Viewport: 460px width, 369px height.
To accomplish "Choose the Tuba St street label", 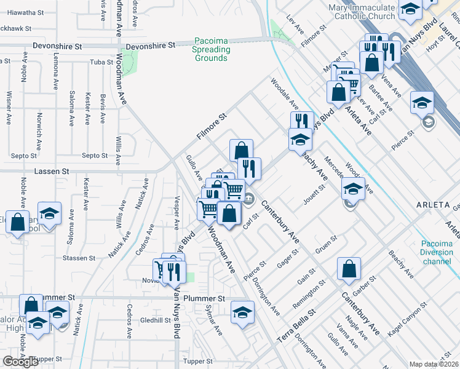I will point(98,62).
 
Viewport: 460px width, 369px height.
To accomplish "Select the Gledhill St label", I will point(155,320).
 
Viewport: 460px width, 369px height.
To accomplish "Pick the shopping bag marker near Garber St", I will point(349,269).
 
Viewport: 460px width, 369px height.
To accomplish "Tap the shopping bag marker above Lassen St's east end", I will point(242,150).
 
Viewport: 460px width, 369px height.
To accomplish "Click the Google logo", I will point(20,362).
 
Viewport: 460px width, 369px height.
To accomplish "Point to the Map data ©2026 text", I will point(434,364).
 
